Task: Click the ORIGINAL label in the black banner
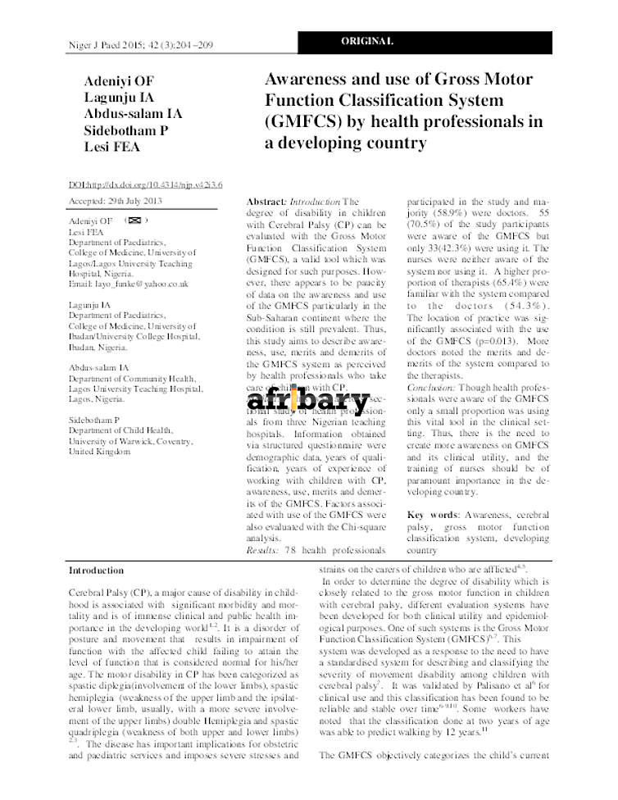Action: (x=366, y=41)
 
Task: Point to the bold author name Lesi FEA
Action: (x=112, y=147)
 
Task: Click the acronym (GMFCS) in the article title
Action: (x=302, y=122)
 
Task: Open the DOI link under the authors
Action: (x=144, y=185)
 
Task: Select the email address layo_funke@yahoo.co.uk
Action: (x=142, y=284)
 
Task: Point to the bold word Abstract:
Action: (x=266, y=202)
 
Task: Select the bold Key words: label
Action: (x=433, y=515)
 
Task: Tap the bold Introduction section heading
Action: (x=97, y=570)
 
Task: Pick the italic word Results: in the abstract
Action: (x=262, y=551)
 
